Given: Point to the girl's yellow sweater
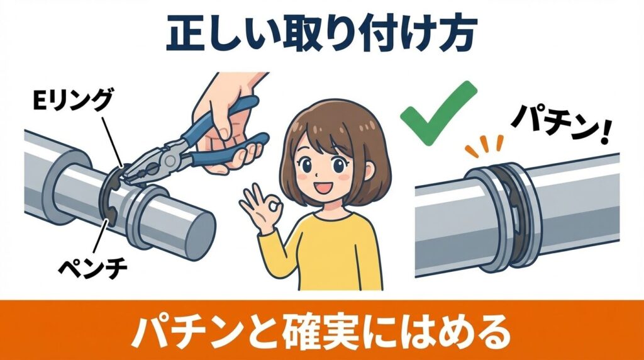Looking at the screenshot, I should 333,252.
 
